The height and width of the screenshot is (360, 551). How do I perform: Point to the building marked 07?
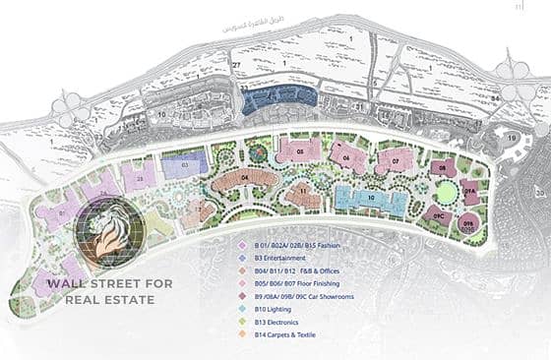coord(395,160)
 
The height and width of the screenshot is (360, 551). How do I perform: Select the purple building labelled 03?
coord(186,166)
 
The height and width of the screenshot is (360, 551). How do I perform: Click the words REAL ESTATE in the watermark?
coord(111,299)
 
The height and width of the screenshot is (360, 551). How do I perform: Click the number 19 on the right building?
coord(513,137)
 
